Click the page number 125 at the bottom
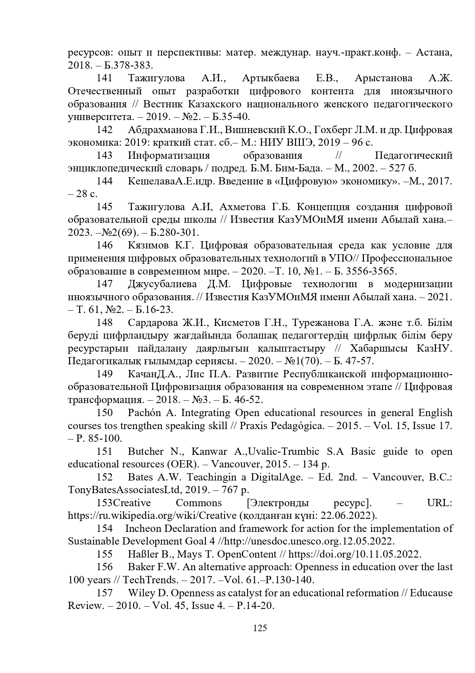pyautogui.click(x=260, y=628)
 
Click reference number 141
pyautogui.click(x=104, y=78)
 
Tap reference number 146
pyautogui.click(x=104, y=245)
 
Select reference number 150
pyautogui.click(x=104, y=413)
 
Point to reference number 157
pyautogui.click(x=104, y=593)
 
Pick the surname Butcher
pyautogui.click(x=145, y=452)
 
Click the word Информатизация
pyautogui.click(x=169, y=155)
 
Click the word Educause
pyautogui.click(x=431, y=593)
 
